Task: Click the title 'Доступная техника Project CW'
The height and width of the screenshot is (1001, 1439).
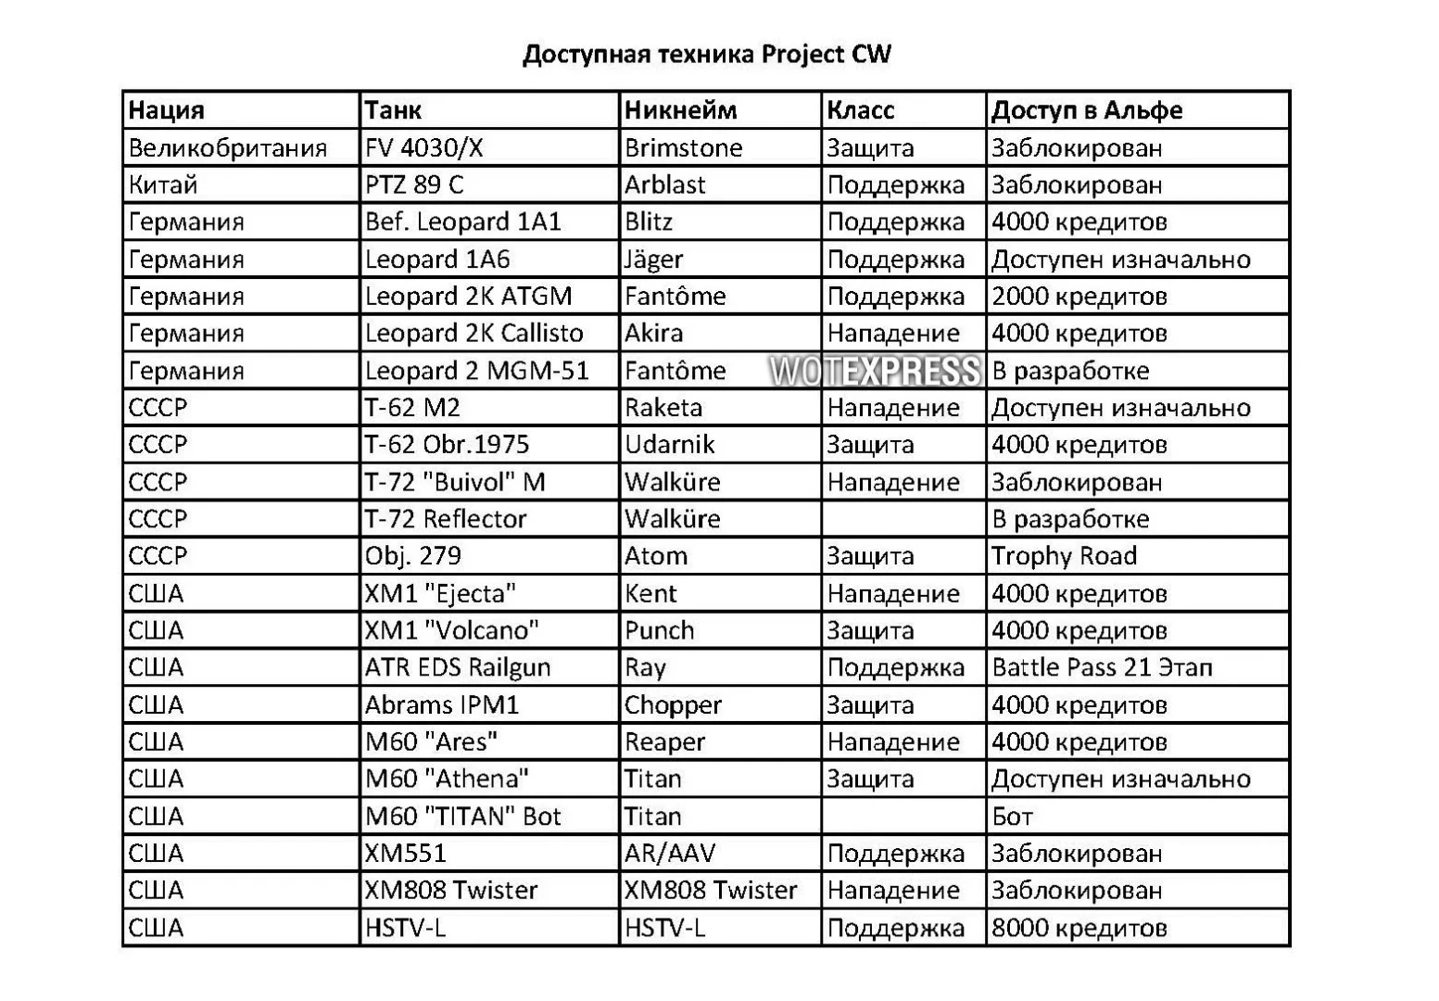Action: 706,54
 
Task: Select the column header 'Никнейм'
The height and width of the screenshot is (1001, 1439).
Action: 680,110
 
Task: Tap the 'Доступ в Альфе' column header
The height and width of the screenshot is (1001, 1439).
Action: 1086,110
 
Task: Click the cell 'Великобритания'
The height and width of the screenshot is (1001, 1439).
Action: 227,148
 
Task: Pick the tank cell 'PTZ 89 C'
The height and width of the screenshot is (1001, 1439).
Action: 413,185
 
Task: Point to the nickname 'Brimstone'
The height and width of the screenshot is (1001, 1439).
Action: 683,148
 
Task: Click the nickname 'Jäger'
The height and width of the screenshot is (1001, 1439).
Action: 653,260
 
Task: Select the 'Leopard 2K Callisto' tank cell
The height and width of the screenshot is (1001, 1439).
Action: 473,334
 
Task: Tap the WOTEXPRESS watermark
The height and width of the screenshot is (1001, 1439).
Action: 874,371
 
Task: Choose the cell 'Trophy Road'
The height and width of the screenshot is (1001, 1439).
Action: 1064,556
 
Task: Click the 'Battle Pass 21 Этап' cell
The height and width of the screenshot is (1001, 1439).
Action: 1102,667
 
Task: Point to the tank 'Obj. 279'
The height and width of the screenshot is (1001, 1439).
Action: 412,556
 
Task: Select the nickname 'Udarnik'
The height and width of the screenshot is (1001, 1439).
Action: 669,445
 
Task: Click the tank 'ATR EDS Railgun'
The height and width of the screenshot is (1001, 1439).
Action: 457,667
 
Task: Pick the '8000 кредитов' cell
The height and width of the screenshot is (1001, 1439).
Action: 1079,928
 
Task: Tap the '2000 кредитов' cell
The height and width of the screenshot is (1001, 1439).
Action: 1079,297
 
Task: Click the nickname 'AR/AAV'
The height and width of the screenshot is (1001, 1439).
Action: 669,854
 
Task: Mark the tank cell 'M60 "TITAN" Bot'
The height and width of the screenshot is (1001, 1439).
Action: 462,817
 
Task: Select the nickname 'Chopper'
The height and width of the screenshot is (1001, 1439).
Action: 672,705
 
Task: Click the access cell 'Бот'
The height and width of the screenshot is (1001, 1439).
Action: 1012,817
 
